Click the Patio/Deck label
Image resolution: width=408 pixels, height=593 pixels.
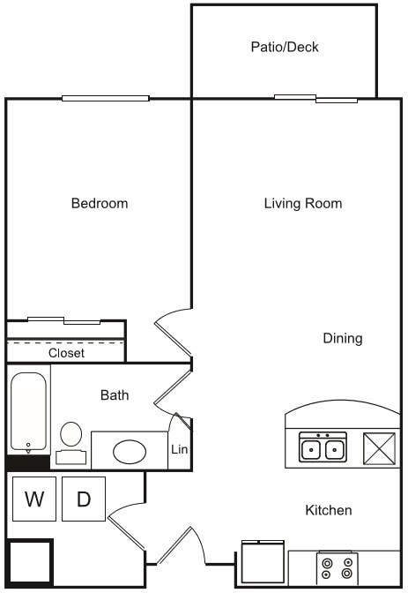point(284,47)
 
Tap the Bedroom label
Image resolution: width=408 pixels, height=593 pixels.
point(99,204)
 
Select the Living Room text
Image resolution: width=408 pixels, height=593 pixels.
point(302,204)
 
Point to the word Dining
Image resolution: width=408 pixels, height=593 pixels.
point(342,338)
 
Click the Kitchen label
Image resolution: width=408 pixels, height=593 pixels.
point(328,510)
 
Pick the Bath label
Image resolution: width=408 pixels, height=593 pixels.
point(114,395)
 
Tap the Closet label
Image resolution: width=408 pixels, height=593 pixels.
point(66,353)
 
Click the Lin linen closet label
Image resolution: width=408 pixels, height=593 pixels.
point(179,449)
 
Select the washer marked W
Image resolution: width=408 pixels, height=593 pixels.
point(34,499)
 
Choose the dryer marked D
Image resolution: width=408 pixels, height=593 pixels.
point(84,499)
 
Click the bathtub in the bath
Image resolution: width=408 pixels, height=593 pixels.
point(28,412)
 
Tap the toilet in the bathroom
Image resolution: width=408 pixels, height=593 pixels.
point(71,441)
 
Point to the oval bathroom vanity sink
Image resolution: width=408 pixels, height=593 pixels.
point(130,451)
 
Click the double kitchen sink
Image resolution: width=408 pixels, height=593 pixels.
point(322,448)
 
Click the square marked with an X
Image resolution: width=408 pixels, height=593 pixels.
point(380,448)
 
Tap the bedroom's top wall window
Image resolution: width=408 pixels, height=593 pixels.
point(105,98)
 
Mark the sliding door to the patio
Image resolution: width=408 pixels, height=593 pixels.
point(315,98)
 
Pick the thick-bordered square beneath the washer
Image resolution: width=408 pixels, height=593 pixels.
point(30,561)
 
